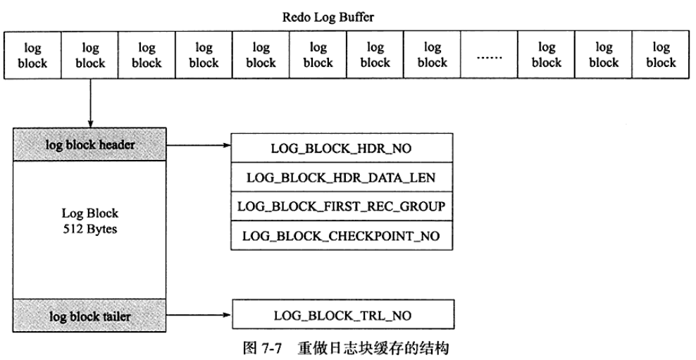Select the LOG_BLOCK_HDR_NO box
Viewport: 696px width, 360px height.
click(341, 149)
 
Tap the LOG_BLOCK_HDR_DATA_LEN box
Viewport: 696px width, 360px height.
click(341, 178)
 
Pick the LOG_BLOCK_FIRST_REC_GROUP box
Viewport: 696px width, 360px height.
click(341, 206)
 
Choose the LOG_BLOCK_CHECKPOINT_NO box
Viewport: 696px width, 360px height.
click(341, 236)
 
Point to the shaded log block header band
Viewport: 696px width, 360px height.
click(90, 144)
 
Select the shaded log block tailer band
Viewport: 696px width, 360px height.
click(90, 316)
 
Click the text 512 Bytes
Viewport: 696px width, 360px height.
click(90, 229)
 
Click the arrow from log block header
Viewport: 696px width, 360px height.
click(200, 146)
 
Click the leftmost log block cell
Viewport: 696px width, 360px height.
click(33, 55)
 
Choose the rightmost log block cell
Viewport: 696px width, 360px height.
click(660, 55)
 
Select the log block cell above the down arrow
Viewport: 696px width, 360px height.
click(90, 55)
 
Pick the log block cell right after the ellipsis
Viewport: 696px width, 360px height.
click(546, 55)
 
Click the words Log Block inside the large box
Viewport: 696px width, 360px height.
click(90, 213)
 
